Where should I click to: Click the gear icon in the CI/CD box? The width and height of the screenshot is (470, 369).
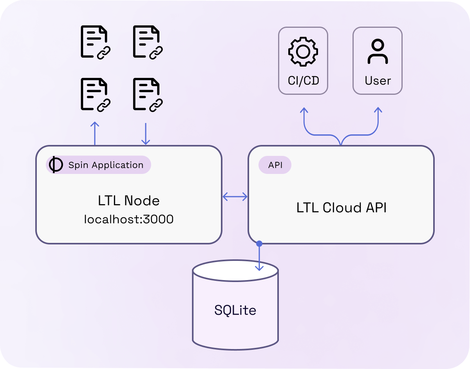303,52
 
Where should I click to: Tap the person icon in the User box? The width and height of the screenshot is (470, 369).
378,52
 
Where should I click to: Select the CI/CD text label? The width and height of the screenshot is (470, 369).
303,81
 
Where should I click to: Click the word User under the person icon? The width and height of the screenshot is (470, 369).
378,81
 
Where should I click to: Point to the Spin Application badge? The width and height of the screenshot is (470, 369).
98,165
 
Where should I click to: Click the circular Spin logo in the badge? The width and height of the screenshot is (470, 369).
55,165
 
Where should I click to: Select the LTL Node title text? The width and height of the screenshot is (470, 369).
129,201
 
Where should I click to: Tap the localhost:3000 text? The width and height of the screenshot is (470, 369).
129,219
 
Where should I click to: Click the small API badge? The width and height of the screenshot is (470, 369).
275,165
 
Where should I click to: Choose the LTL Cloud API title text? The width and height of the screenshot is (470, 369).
341,208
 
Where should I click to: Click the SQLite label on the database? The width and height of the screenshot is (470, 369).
235,310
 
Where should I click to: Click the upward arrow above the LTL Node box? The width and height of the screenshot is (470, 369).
94,133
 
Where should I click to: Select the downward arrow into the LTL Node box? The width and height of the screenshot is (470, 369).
146,134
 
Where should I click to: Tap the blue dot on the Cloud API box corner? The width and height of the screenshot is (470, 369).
259,244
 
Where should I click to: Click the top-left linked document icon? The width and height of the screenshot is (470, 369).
95,42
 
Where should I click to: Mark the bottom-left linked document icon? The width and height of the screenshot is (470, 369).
95,94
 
